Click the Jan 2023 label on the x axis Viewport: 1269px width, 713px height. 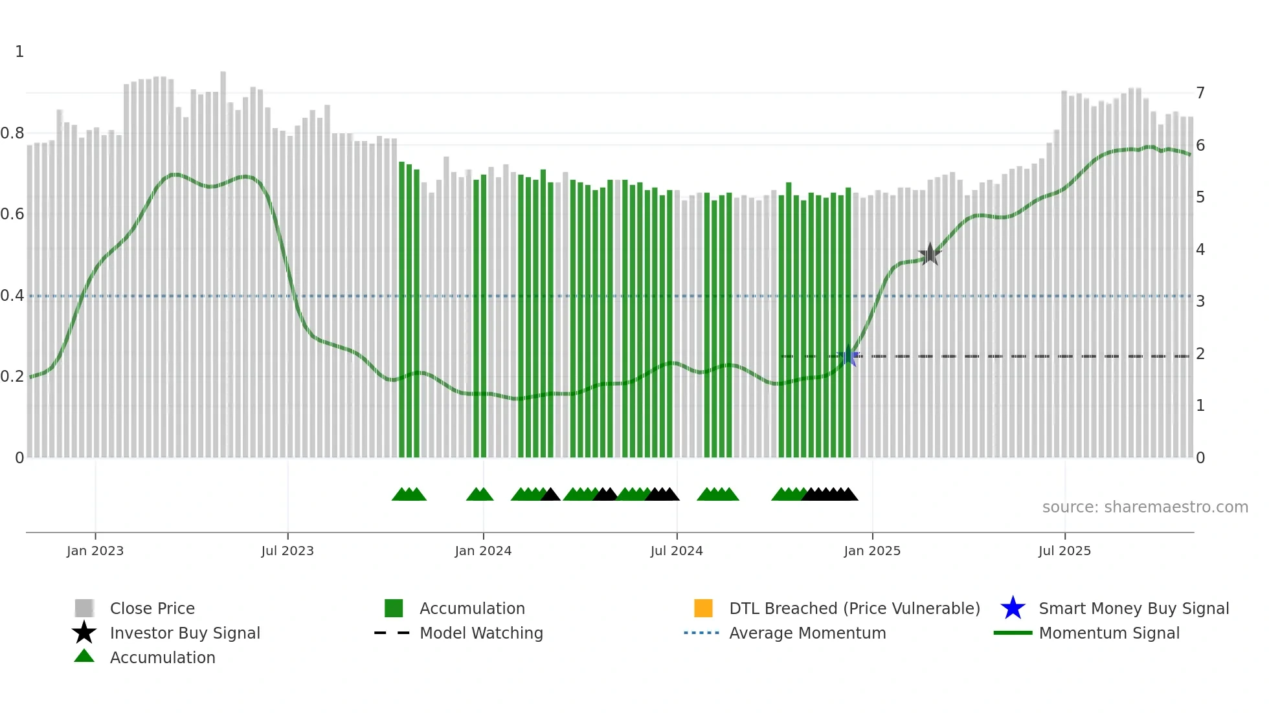95,551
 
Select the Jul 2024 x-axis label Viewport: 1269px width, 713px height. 677,551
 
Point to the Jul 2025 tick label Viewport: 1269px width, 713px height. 1064,551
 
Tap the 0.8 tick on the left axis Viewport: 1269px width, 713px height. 12,133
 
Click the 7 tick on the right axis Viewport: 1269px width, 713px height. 1200,93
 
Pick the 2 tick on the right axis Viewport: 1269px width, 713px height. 1200,354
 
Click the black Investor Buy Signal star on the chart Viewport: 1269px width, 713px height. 930,254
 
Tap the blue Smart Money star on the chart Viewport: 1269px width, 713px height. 848,356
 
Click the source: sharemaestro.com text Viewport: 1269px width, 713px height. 1145,507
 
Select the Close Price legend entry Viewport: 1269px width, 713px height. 152,608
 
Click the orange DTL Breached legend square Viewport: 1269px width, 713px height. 703,608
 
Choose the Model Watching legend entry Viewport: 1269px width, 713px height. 480,633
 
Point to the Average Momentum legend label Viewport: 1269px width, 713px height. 807,633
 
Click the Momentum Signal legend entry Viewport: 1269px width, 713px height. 1108,633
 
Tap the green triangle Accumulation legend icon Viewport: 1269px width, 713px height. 84,656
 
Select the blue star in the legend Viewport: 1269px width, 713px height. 1013,608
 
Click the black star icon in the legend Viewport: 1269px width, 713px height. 84,633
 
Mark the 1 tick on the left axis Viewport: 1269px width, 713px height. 19,52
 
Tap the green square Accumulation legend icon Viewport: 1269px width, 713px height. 394,608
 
